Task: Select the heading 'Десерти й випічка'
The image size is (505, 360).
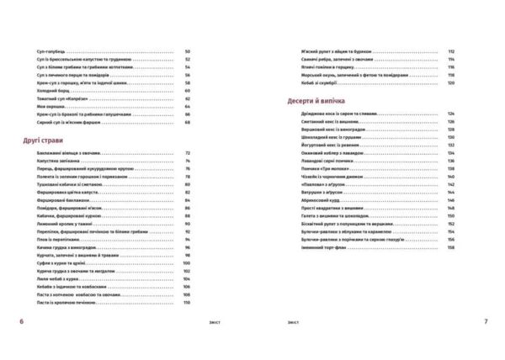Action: click(316, 99)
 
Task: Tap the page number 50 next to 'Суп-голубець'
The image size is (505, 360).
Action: click(188, 52)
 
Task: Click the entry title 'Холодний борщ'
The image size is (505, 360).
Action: click(53, 91)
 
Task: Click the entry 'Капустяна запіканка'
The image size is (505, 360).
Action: click(61, 161)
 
